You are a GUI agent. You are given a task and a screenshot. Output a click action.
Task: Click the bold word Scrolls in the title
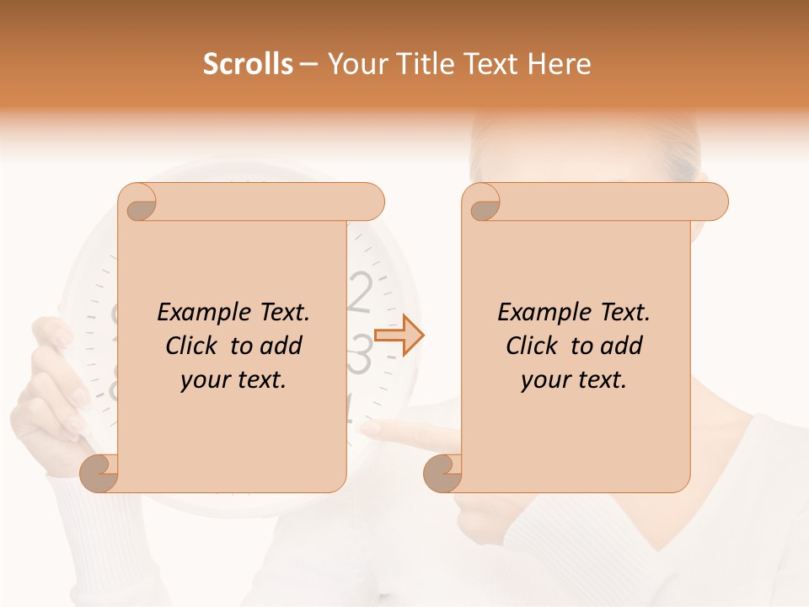248,64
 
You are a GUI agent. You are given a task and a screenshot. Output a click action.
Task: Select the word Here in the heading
560,64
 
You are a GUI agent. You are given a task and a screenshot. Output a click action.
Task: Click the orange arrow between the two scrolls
399,336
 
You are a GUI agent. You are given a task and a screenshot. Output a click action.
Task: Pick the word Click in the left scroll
194,346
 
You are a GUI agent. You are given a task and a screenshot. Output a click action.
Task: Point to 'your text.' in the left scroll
233,380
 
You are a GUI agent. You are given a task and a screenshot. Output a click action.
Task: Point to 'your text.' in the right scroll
574,380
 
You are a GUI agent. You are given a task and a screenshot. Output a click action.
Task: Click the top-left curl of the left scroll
139,205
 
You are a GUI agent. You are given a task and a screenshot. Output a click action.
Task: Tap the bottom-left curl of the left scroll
99,472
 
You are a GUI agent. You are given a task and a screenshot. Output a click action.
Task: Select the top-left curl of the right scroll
483,205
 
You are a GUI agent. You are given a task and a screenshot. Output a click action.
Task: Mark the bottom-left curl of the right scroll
442,472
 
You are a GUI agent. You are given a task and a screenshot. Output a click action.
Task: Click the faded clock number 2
360,293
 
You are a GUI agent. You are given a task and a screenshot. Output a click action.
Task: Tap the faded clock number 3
360,354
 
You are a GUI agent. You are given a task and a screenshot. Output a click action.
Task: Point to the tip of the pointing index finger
376,430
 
